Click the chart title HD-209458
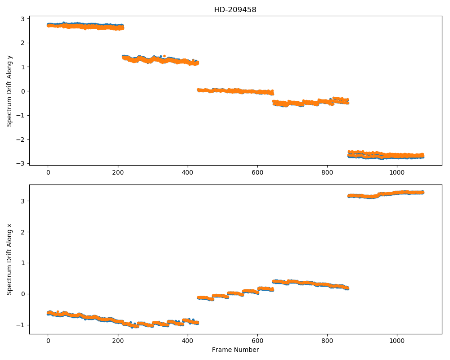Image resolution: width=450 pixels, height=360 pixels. coord(235,10)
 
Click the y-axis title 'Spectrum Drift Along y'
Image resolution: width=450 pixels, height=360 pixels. coord(9,90)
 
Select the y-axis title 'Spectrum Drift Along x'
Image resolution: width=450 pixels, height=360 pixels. coord(9,259)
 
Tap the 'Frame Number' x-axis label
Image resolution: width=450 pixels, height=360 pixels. coord(235,350)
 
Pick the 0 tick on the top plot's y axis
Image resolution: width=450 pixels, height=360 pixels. coord(23,91)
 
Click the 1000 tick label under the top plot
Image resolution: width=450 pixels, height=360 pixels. coord(397,172)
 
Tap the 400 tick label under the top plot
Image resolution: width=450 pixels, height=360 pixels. coord(188,172)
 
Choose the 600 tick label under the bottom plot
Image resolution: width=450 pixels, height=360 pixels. coord(257,341)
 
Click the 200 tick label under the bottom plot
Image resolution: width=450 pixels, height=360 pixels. coord(118,341)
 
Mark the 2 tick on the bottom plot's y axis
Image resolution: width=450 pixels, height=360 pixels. coord(23,232)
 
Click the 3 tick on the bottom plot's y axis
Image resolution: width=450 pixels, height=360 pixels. coord(23,201)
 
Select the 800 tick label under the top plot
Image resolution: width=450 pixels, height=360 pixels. coord(327,172)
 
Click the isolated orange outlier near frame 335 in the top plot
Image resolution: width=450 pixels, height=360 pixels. coord(164,56)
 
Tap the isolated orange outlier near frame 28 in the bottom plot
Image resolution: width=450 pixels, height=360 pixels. coord(58,311)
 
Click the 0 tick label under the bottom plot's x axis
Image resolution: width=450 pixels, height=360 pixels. coord(48,341)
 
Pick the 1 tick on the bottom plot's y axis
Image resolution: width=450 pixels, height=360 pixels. coord(23,263)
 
